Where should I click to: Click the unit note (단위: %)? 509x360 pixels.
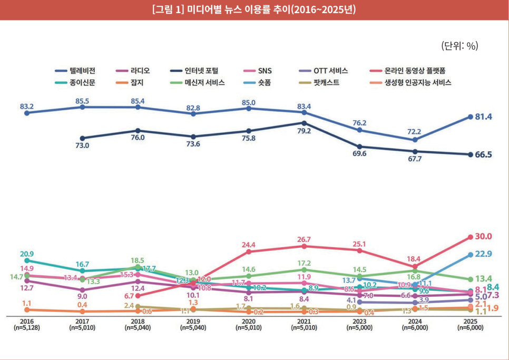pyautogui.click(x=459, y=46)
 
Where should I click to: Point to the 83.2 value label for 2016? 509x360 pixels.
pyautogui.click(x=26, y=106)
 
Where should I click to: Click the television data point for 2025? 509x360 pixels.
pyautogui.click(x=470, y=117)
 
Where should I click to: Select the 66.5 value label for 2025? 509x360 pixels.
pyautogui.click(x=483, y=155)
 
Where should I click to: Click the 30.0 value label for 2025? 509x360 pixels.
pyautogui.click(x=483, y=236)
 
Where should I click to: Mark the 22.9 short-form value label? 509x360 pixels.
pyautogui.click(x=484, y=254)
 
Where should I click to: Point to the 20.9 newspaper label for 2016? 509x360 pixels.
pyautogui.click(x=27, y=254)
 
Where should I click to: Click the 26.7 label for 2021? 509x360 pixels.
pyautogui.click(x=304, y=239)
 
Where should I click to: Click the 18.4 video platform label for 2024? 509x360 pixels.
pyautogui.click(x=414, y=259)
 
